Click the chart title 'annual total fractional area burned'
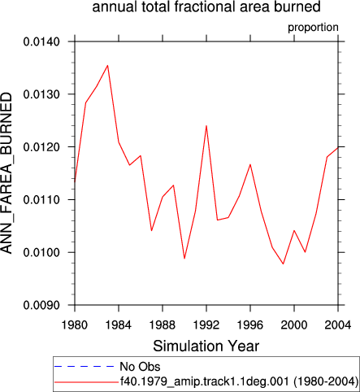(206, 7)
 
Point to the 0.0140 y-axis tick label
(41, 42)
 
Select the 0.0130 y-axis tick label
(41, 94)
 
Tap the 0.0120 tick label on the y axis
(41, 147)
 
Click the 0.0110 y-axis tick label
(41, 200)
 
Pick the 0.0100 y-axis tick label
(41, 253)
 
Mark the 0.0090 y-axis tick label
(41, 306)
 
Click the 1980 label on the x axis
(75, 324)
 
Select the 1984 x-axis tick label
(119, 324)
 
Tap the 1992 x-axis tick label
(206, 324)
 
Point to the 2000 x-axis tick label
(294, 324)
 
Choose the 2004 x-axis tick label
(338, 324)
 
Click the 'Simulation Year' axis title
(206, 346)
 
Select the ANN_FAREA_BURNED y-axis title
(7, 173)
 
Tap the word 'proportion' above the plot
(313, 28)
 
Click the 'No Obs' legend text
(140, 367)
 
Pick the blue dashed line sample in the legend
(85, 367)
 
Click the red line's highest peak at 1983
(107, 66)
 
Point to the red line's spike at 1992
(206, 126)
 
